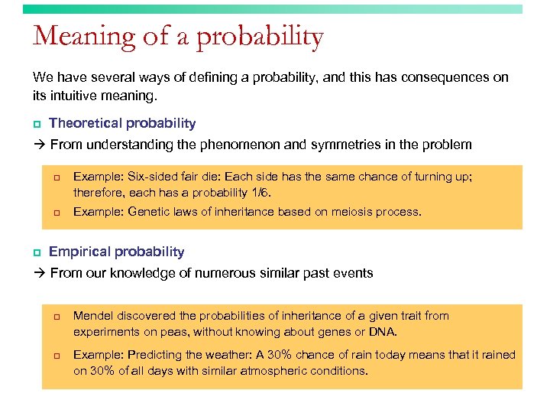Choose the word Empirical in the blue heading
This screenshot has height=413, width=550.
pos(79,252)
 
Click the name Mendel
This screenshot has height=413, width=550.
pos(92,316)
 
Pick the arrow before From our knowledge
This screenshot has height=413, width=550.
pos(38,273)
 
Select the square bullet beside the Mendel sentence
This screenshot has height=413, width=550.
pos(56,317)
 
